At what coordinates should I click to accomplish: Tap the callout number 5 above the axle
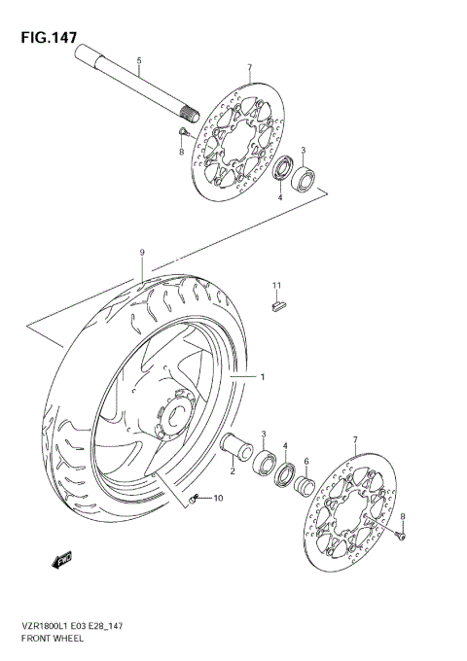pyautogui.click(x=139, y=60)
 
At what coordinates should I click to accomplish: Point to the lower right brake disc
pyautogui.click(x=352, y=504)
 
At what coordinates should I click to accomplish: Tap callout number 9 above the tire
pyautogui.click(x=142, y=253)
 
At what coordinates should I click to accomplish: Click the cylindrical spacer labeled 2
pyautogui.click(x=235, y=448)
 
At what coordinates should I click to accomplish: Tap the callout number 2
pyautogui.click(x=233, y=470)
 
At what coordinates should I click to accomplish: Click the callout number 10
pyautogui.click(x=217, y=499)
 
